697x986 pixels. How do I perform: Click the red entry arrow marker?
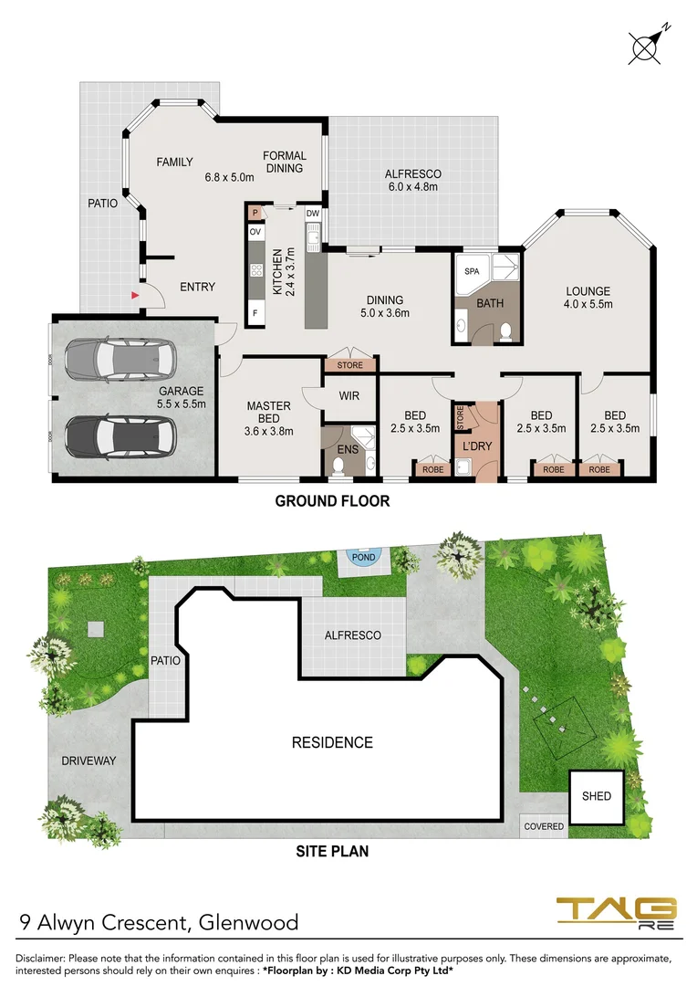[135, 295]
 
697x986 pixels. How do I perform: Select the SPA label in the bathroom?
[472, 271]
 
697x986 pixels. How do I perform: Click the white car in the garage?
[118, 360]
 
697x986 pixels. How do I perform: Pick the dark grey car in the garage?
[118, 435]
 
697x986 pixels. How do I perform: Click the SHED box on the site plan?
[597, 796]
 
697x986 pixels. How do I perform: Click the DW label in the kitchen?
[312, 214]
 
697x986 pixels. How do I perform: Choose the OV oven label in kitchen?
[255, 232]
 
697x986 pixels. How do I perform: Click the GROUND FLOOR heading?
[332, 500]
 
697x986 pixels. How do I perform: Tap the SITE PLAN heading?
[332, 852]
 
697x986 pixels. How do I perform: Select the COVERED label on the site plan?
[544, 826]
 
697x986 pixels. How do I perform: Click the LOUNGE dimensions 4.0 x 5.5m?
[587, 304]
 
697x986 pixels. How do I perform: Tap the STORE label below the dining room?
[349, 365]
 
